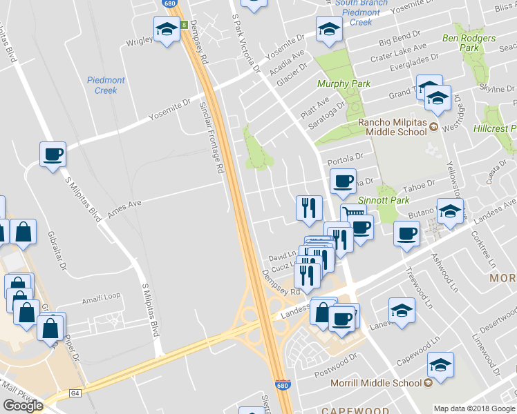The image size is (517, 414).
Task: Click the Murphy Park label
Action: click(x=344, y=83)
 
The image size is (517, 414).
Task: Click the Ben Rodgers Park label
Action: click(x=469, y=42)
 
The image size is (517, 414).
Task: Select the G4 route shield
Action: click(x=75, y=393)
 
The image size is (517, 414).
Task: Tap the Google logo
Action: click(x=23, y=405)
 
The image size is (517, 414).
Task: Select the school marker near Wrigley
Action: click(x=166, y=30)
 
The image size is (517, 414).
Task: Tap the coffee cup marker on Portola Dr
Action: click(x=343, y=181)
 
